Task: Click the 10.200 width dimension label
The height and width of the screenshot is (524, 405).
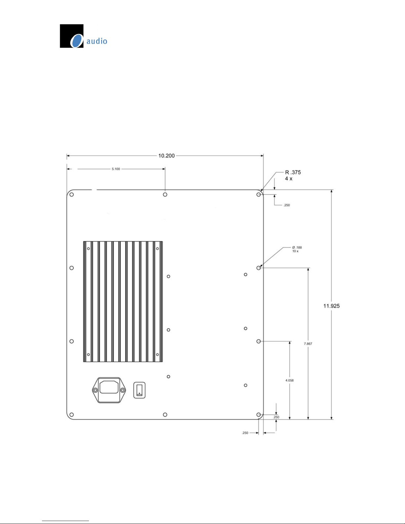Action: coord(166,156)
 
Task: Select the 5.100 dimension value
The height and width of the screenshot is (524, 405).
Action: coord(116,169)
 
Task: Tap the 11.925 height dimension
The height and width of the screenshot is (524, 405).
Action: coord(332,306)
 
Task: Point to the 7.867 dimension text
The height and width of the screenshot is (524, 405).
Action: coord(308,343)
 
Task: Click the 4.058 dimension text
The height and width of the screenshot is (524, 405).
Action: coord(290,380)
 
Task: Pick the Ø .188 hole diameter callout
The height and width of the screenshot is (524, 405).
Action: coord(297,247)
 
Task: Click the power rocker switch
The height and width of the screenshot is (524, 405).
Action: coord(139,390)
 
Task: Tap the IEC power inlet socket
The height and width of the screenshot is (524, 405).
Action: coord(109,390)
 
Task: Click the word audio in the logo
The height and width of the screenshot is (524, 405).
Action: coord(97,41)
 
